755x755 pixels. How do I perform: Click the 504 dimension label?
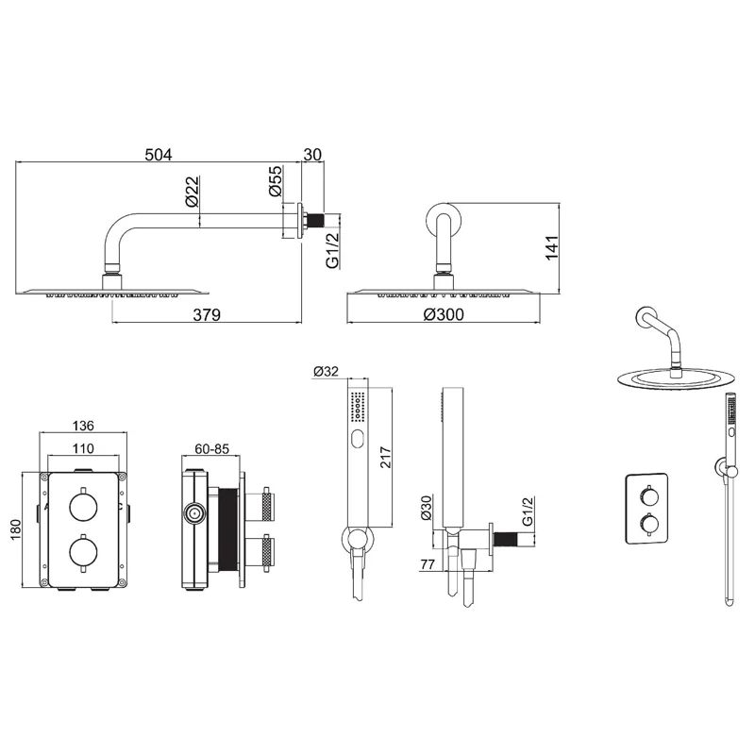point(159,155)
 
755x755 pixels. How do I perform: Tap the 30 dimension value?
point(312,155)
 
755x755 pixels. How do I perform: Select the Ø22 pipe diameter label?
point(192,192)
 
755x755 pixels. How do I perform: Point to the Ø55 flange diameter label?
point(275,181)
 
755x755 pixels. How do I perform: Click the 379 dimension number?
point(207,314)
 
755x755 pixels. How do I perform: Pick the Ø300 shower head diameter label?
point(444,314)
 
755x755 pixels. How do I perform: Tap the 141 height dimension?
point(552,248)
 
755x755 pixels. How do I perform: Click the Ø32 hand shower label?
point(326,371)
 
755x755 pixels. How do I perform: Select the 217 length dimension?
point(386,458)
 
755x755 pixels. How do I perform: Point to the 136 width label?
point(83,426)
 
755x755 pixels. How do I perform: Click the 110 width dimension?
point(83,449)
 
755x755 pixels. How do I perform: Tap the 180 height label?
point(16,529)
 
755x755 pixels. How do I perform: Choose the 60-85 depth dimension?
point(211,449)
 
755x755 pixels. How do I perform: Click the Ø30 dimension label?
point(426,509)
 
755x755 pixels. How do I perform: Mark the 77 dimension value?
point(428,564)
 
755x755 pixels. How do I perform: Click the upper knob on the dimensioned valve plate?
point(84,506)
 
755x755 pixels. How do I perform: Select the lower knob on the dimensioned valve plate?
point(84,552)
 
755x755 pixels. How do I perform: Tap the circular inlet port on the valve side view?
point(194,514)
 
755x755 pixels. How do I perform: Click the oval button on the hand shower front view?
point(358,439)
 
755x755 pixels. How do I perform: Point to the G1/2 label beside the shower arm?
point(333,250)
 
